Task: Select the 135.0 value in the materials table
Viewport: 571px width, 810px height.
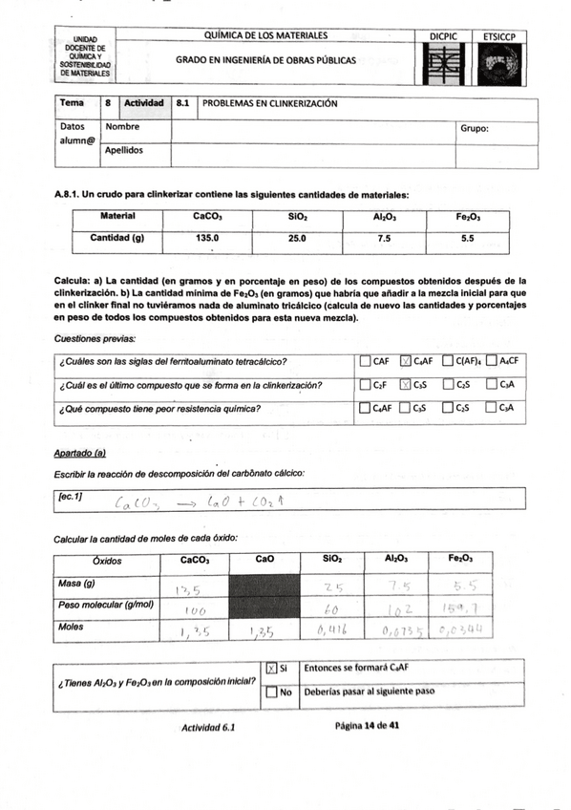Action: [208, 238]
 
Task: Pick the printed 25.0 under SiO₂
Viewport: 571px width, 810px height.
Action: [297, 238]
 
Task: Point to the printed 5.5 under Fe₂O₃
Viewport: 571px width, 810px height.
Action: [468, 238]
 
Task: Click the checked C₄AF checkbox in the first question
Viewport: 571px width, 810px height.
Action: [406, 361]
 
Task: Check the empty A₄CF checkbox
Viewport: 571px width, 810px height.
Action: [491, 361]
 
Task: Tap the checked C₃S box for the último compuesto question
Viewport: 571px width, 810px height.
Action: [406, 385]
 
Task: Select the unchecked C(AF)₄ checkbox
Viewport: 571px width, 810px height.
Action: [449, 361]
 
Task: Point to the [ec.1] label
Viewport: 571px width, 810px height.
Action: [72, 496]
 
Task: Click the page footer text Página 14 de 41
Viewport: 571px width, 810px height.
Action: [367, 726]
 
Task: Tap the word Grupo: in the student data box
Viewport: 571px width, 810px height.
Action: [475, 128]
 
